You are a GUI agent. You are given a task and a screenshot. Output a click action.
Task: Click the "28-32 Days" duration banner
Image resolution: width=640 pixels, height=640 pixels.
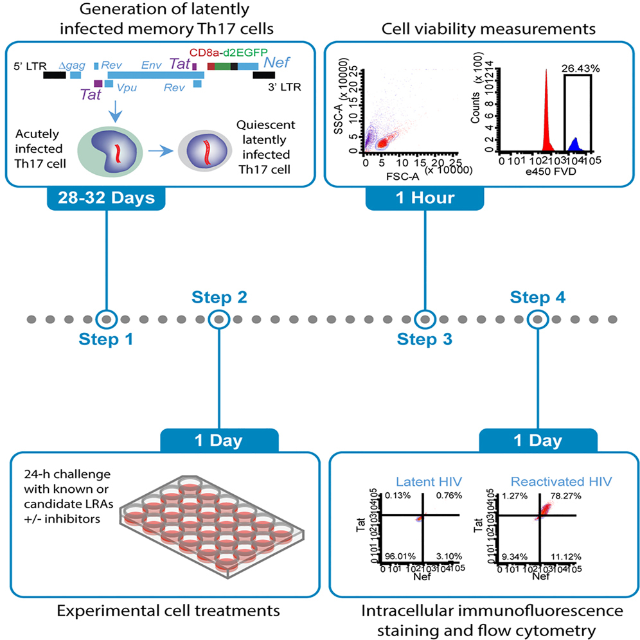click(x=106, y=199)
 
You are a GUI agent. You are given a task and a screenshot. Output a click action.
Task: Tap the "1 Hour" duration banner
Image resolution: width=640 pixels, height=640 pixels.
click(x=425, y=199)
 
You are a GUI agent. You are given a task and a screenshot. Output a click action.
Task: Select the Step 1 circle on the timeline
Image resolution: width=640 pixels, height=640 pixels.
click(x=107, y=318)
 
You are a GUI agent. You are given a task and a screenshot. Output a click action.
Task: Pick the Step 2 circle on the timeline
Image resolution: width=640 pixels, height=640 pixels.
click(x=219, y=318)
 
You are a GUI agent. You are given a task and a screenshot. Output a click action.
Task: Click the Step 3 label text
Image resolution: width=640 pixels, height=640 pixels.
click(x=425, y=339)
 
